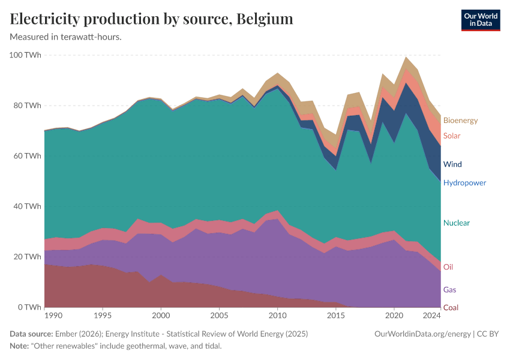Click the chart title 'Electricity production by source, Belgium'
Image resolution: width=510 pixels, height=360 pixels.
(152, 19)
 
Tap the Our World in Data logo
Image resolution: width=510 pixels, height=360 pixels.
(480, 20)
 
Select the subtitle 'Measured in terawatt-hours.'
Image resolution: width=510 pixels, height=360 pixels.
(66, 37)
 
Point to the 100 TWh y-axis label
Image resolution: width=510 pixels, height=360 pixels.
(25, 55)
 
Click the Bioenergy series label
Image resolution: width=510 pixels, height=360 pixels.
(460, 121)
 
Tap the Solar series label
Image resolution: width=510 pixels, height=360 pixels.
(452, 136)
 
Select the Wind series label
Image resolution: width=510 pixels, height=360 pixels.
(452, 164)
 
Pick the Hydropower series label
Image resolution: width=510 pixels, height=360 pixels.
(464, 183)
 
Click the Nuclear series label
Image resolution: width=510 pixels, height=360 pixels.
(456, 223)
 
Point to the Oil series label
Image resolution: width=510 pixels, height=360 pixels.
(448, 267)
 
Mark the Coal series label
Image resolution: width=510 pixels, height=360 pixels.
(451, 308)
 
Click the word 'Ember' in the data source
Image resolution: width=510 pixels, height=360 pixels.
(64, 334)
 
